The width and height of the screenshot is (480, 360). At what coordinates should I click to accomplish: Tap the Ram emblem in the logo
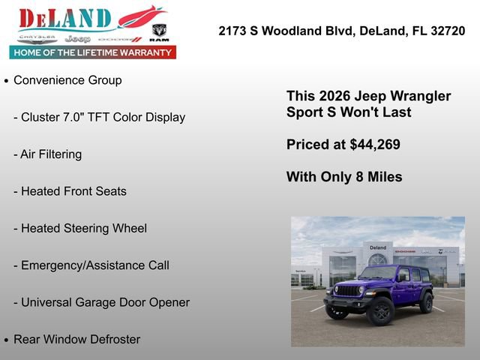coord(159,32)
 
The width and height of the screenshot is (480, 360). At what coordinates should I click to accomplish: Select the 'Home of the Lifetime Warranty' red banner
coord(93,52)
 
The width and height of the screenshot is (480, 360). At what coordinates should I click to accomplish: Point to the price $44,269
coord(374,145)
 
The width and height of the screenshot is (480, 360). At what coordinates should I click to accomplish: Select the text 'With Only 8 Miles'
coord(344,177)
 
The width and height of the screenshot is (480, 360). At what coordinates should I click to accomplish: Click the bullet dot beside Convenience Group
coord(7,81)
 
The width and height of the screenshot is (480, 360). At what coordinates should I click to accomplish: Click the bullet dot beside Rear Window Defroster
coord(7,340)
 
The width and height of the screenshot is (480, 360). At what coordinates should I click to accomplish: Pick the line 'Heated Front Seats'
coord(73,191)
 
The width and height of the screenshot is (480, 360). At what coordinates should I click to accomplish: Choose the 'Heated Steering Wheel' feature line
coord(83,228)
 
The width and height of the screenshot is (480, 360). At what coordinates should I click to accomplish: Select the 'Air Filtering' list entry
coord(51,154)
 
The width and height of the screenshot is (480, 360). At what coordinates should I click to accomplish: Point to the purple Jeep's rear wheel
coord(427,302)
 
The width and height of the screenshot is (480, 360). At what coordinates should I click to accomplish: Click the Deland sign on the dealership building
coord(377,247)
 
